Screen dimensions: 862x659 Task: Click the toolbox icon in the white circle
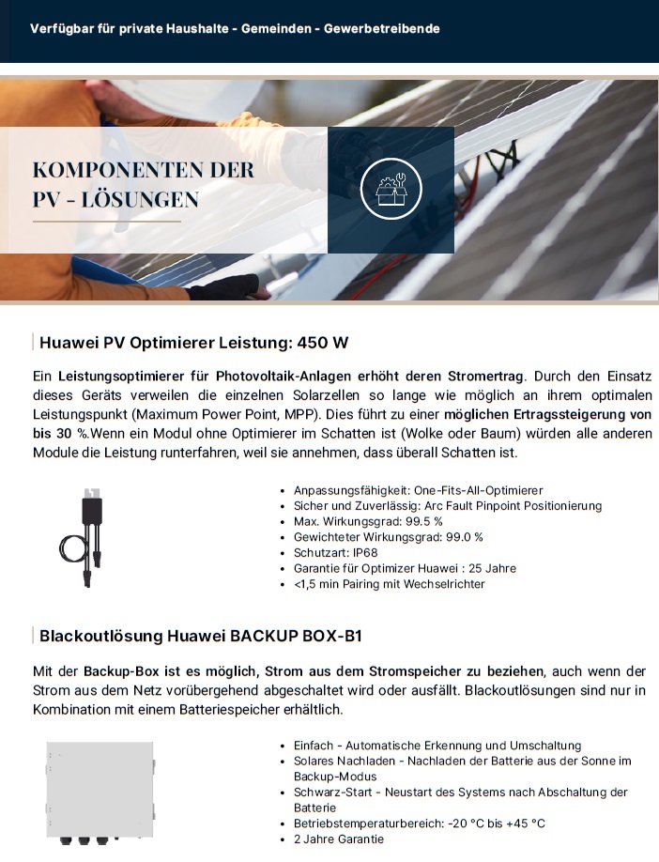[391, 190]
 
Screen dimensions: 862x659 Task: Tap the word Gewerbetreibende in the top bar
[381, 29]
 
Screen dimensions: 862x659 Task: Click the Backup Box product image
[100, 794]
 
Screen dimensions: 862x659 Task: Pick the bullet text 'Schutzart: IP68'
[335, 552]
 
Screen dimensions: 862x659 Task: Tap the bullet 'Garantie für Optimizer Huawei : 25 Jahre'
[405, 568]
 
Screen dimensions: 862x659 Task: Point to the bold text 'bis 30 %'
[60, 433]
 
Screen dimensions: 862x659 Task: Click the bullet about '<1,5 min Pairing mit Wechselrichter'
[389, 584]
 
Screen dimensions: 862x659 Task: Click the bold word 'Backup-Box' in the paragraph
[116, 671]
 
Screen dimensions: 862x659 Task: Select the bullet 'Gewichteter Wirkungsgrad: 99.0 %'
[388, 536]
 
